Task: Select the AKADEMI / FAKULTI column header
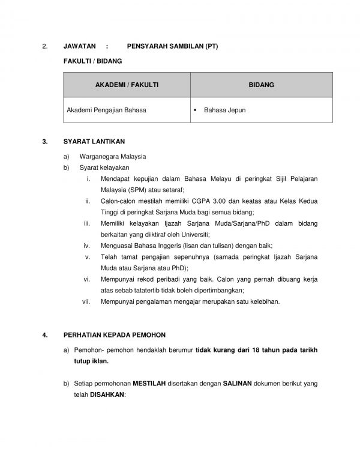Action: pyautogui.click(x=127, y=85)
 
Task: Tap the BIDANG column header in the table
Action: pyautogui.click(x=262, y=85)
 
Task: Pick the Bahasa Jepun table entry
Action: pyautogui.click(x=224, y=110)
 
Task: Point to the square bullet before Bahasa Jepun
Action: pyautogui.click(x=196, y=110)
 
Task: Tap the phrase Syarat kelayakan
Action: pyautogui.click(x=104, y=168)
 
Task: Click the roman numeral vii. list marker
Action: pyautogui.click(x=85, y=301)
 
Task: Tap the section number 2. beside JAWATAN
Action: pyautogui.click(x=44, y=46)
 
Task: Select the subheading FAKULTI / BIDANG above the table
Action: pyautogui.click(x=92, y=61)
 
